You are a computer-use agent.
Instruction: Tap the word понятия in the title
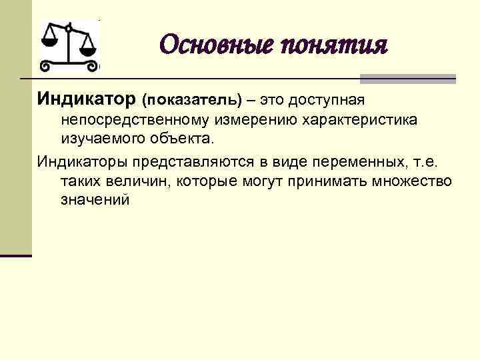coord(333,47)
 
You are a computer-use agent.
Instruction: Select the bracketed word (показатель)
coord(192,101)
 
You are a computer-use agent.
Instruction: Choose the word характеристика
coord(361,121)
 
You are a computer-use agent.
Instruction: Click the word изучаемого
coord(99,140)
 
